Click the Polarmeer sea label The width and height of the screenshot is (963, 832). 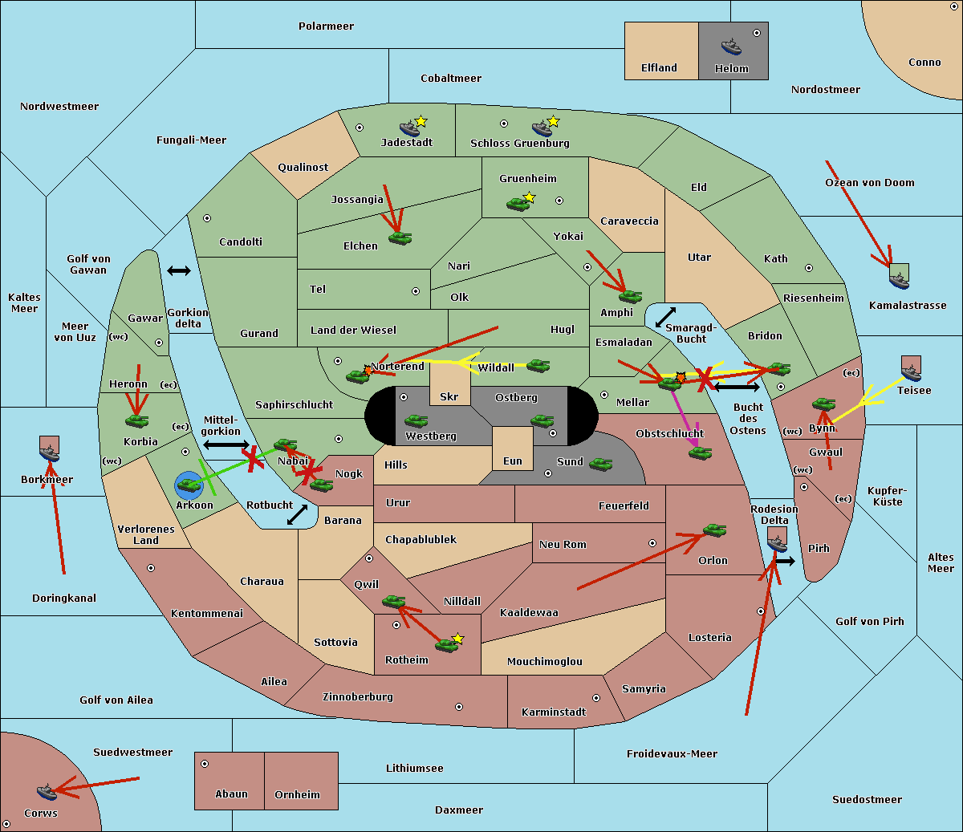326,26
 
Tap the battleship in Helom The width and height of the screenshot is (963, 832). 731,46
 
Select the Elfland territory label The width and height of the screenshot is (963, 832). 659,68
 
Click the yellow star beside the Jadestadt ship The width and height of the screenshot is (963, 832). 421,121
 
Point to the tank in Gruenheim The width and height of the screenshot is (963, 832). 518,204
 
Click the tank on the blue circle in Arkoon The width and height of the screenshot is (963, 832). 189,485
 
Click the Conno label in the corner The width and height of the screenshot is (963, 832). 924,63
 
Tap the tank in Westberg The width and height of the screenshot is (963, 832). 416,420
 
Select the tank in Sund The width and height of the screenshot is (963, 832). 601,464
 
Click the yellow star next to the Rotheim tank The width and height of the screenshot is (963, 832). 458,639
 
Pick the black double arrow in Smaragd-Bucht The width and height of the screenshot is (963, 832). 665,318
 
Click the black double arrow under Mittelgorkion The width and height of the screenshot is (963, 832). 226,444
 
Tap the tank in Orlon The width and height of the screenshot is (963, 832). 714,530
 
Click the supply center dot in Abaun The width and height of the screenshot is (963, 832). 205,764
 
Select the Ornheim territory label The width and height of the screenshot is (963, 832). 297,795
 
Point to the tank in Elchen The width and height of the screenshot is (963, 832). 400,237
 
